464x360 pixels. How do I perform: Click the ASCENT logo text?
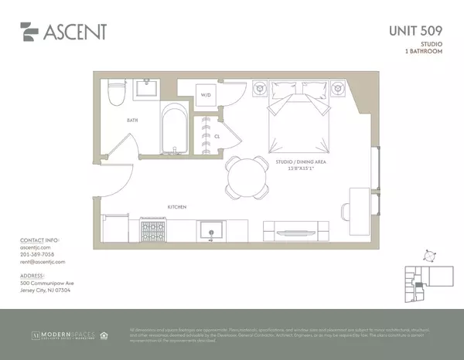(x=74, y=32)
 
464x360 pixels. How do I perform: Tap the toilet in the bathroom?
(x=118, y=93)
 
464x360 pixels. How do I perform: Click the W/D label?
(x=206, y=95)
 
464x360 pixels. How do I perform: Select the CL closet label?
(x=218, y=135)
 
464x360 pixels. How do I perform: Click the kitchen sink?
(x=210, y=229)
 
